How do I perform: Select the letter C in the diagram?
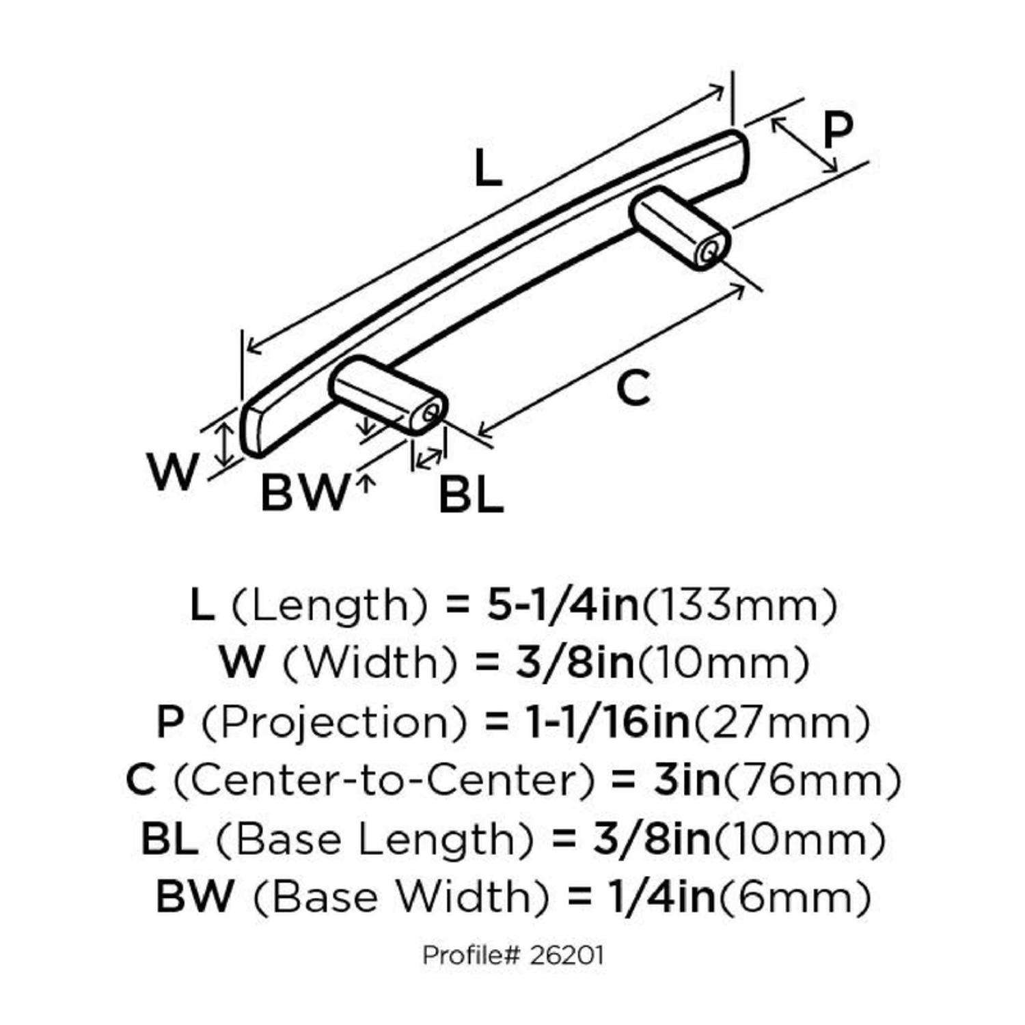point(633,389)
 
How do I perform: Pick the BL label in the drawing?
point(471,495)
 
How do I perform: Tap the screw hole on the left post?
point(430,413)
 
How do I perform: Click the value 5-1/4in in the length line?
point(562,605)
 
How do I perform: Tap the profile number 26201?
point(566,955)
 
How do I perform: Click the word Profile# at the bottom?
point(473,955)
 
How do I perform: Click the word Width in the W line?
point(370,664)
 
